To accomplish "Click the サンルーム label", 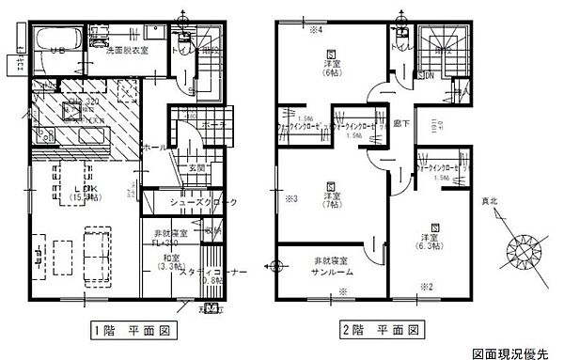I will [330, 264].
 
